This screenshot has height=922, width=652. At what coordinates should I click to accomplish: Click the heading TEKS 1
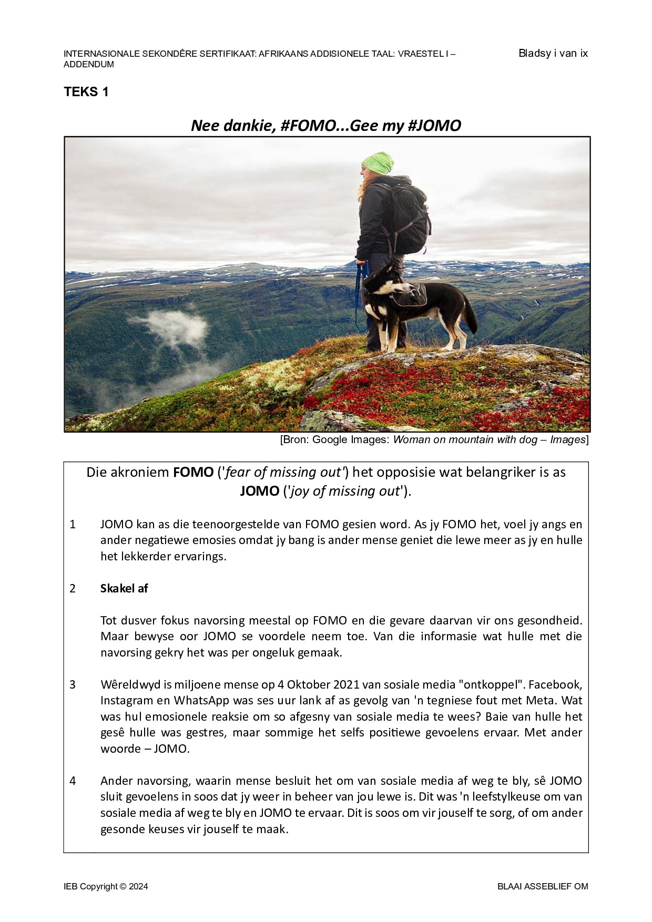[x=86, y=92]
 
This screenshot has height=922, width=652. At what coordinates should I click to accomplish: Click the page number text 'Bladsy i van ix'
[x=553, y=53]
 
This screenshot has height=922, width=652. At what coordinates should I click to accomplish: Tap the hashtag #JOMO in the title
[x=434, y=126]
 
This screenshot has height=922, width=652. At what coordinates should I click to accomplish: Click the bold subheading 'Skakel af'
[x=124, y=588]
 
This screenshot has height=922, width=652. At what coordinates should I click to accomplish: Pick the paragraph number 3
[x=73, y=684]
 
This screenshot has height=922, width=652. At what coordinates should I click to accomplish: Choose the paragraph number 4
[x=73, y=781]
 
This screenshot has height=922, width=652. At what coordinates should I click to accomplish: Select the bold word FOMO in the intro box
[x=193, y=472]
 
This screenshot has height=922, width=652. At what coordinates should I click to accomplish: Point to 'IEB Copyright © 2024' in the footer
[x=106, y=886]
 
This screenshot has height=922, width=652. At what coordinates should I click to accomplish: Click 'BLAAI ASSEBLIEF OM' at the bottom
[x=543, y=886]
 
